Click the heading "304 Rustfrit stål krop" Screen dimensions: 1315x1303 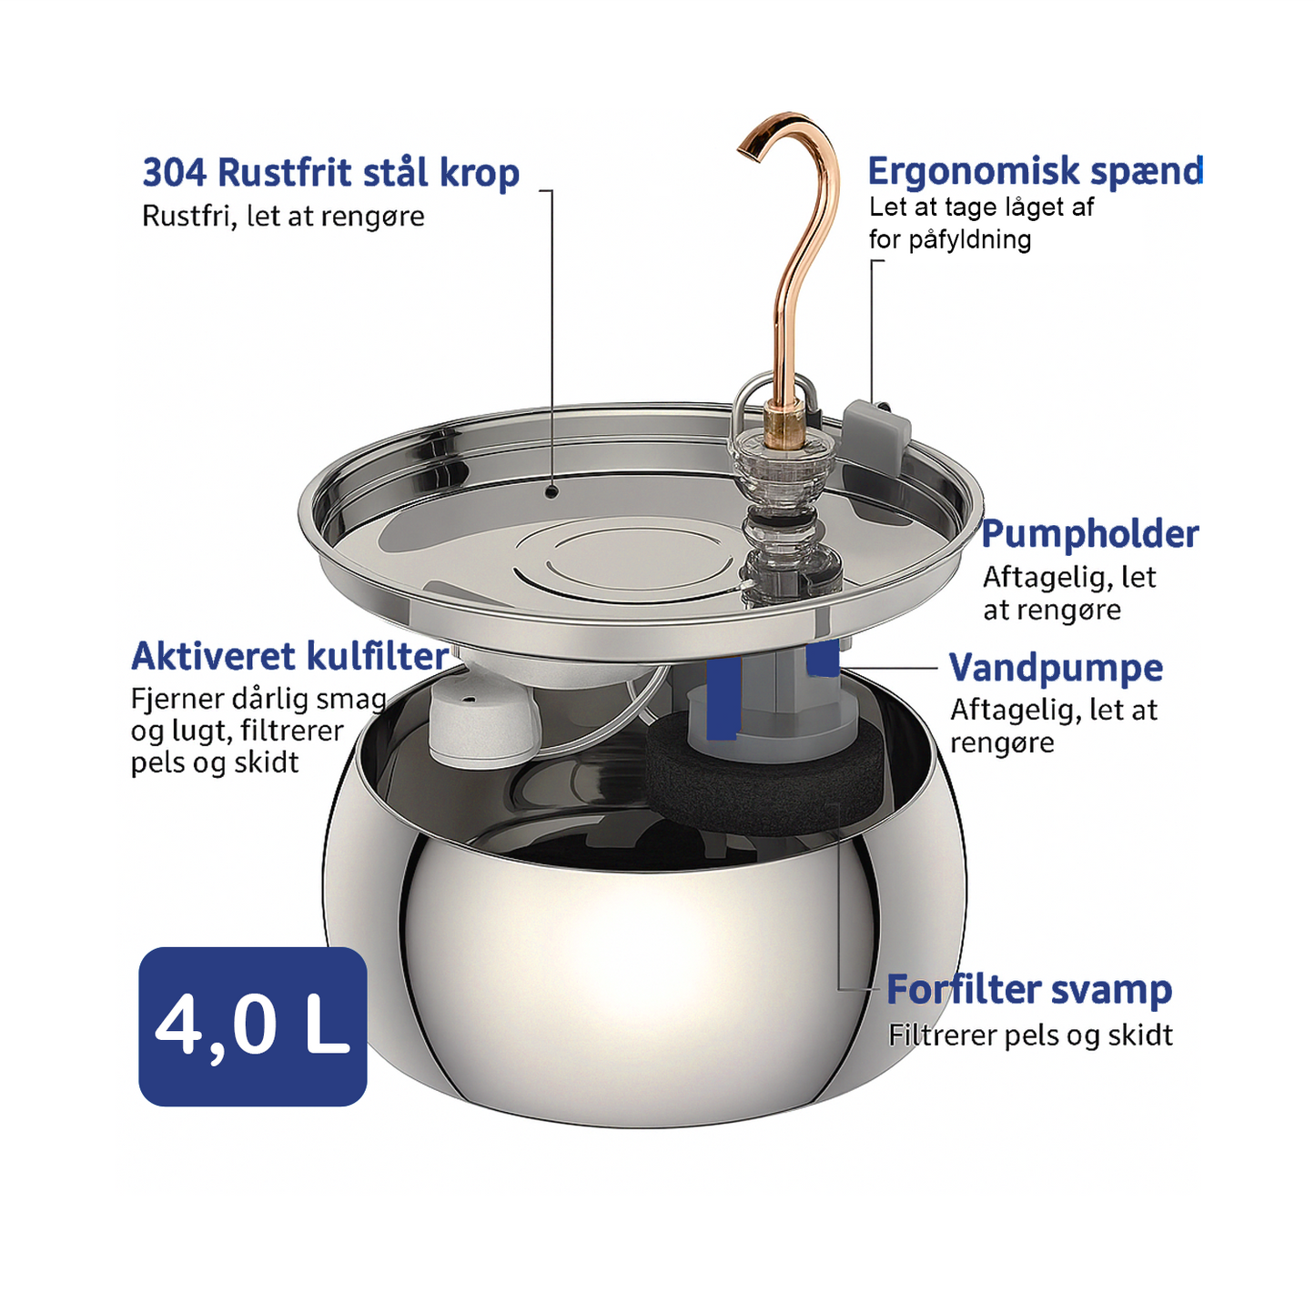point(331,174)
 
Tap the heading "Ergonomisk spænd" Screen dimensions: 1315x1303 point(1035,172)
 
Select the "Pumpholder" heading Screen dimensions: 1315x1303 point(1090,534)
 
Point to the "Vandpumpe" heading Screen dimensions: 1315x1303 point(1056,667)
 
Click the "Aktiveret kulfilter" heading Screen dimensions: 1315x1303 point(290,656)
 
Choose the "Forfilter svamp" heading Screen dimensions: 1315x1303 point(1029,990)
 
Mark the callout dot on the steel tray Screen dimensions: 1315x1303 point(552,491)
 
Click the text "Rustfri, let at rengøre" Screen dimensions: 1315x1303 point(283,217)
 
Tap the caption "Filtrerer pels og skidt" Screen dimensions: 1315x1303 point(1030,1035)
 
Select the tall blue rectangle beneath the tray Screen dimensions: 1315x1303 point(723,698)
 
